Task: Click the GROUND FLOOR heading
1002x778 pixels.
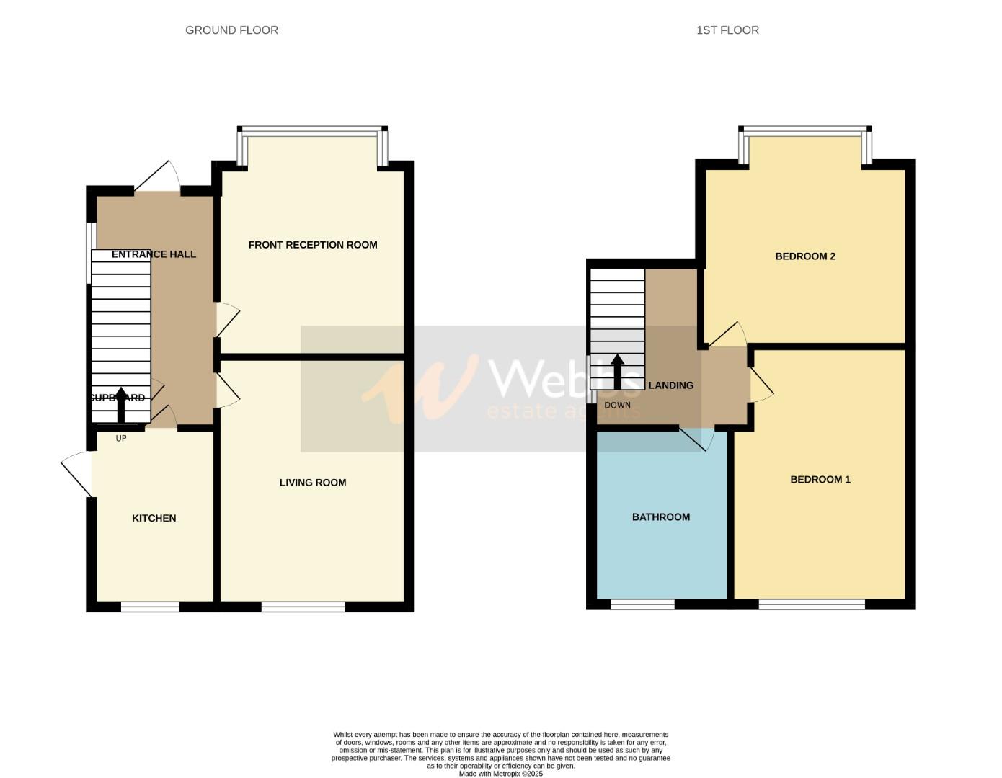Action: point(231,30)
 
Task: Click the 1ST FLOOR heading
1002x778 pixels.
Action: point(727,30)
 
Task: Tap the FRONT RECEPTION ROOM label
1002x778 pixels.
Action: point(313,245)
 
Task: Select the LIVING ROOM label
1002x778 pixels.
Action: point(313,483)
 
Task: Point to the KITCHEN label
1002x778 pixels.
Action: point(154,518)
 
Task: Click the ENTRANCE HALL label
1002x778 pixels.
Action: point(154,254)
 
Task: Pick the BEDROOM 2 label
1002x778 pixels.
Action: point(805,256)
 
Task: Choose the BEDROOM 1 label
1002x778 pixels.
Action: point(820,480)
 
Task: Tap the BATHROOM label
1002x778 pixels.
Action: point(661,517)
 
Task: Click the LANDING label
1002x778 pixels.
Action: point(670,385)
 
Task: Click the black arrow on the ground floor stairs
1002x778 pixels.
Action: point(121,405)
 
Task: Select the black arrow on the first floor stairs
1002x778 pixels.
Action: point(617,372)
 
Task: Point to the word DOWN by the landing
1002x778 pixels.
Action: point(617,406)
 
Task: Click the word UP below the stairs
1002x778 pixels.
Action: point(121,438)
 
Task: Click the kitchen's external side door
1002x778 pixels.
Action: point(76,472)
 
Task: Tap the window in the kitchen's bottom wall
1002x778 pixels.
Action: point(150,607)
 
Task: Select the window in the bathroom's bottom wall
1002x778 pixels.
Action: point(642,604)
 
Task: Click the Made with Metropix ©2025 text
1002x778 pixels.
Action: point(500,774)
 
